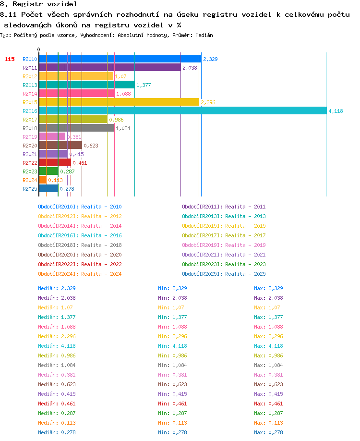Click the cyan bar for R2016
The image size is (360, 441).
click(183, 110)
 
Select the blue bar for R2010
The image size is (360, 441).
click(120, 59)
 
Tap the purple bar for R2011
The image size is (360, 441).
click(110, 68)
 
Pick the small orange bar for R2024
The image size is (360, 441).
click(43, 180)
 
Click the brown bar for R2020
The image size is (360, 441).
click(60, 145)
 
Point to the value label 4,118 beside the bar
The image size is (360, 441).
click(336, 111)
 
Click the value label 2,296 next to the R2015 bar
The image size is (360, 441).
click(208, 102)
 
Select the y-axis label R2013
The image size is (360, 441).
click(30, 85)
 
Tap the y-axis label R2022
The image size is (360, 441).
click(30, 163)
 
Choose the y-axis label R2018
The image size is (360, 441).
click(30, 128)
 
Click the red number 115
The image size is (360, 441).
click(10, 59)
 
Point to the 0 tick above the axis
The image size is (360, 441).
click(38, 49)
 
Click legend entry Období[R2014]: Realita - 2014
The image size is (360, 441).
click(80, 226)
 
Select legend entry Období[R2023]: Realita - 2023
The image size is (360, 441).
click(224, 264)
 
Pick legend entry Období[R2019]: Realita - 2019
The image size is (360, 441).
click(224, 245)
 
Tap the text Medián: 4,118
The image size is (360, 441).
click(57, 346)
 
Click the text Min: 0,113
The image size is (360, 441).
click(172, 423)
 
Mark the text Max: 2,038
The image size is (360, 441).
click(268, 298)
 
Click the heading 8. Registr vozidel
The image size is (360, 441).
click(38, 4)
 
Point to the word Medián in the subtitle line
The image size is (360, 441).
click(204, 35)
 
